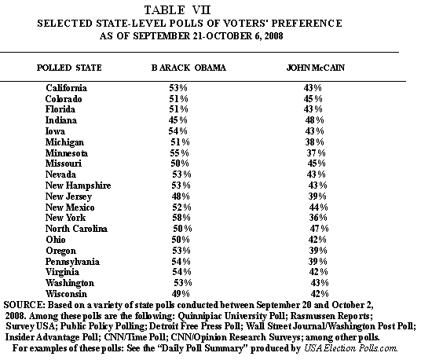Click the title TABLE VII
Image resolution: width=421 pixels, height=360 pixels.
(x=178, y=10)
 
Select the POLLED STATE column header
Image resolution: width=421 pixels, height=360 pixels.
(x=69, y=68)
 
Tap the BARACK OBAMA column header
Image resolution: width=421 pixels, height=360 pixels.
(x=189, y=68)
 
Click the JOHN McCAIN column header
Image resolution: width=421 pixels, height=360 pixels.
(x=316, y=68)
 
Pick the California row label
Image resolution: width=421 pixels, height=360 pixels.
(x=66, y=88)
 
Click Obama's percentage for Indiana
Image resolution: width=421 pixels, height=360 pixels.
(x=178, y=120)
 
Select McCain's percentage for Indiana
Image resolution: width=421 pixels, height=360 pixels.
(x=315, y=119)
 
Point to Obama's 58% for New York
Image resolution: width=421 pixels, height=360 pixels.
(x=181, y=218)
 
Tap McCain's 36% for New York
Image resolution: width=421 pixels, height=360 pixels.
(x=318, y=218)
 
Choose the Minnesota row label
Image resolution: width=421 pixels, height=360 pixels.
(x=67, y=153)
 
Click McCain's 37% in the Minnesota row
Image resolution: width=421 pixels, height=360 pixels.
(x=316, y=152)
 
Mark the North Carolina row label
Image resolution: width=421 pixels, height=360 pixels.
(x=76, y=229)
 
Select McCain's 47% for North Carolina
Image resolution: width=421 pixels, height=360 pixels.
(x=319, y=229)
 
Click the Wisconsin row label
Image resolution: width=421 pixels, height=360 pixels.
(x=66, y=294)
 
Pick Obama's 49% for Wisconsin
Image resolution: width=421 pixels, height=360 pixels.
(x=181, y=294)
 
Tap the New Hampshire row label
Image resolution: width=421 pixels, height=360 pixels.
(x=78, y=186)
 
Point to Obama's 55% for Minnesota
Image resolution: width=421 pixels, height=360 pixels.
(x=179, y=152)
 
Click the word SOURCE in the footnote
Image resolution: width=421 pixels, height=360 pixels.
(x=23, y=305)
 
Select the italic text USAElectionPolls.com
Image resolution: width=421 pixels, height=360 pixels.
(x=350, y=348)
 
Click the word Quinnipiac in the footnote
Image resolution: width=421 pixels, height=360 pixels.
(x=200, y=316)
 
